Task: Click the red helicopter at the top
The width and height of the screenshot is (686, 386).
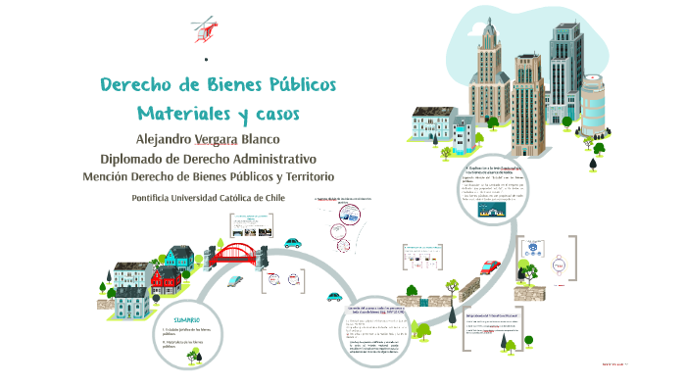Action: pyautogui.click(x=206, y=28)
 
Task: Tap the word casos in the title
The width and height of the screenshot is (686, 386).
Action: pyautogui.click(x=269, y=115)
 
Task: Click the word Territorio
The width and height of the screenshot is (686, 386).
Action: pyautogui.click(x=303, y=176)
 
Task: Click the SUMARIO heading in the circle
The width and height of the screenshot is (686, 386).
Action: pyautogui.click(x=187, y=320)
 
